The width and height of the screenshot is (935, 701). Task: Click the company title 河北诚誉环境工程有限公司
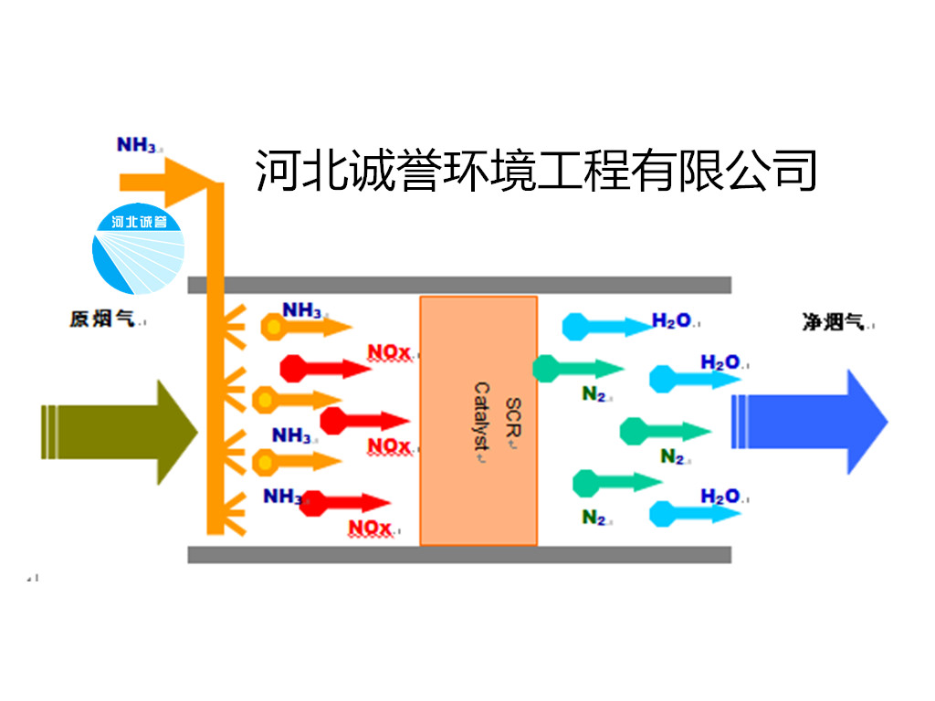tap(536, 170)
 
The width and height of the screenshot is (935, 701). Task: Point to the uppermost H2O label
tap(670, 321)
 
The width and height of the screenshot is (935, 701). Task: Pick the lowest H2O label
tap(720, 497)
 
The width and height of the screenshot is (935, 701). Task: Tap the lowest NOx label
tap(370, 528)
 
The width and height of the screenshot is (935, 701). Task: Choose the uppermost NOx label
tap(390, 350)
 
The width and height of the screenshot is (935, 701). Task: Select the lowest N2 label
tap(594, 518)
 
